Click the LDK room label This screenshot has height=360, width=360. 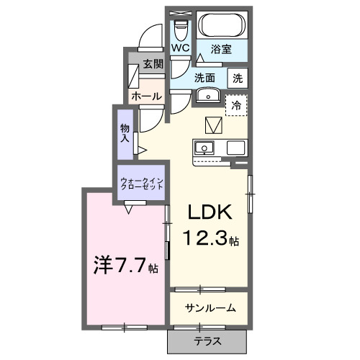[210, 212]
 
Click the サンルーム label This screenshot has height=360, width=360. [210, 308]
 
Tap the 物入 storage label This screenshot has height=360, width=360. [125, 133]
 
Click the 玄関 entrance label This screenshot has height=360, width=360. [152, 63]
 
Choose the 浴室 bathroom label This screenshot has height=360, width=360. [220, 49]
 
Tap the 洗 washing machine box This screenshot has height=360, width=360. [237, 77]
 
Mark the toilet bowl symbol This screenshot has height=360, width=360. [180, 29]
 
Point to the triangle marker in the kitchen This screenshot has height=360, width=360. [213, 125]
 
